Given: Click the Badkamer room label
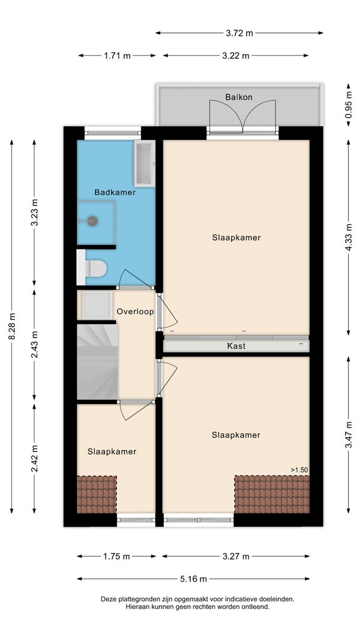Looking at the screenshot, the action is [115, 192].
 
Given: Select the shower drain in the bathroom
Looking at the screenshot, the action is [92, 221].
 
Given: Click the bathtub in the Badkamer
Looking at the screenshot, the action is [145, 164].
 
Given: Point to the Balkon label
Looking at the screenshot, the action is [239, 97].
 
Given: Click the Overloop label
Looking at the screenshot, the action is [136, 312].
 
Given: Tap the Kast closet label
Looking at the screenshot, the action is [236, 346].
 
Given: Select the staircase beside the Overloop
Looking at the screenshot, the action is [97, 361].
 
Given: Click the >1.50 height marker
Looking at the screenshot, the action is [299, 470].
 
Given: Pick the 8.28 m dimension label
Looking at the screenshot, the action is [11, 327].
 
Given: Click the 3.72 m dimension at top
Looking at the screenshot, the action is [239, 33].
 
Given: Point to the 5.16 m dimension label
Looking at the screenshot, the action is [194, 579].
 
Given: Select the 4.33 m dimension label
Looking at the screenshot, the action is [349, 237].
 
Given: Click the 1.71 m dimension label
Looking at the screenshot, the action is [117, 56].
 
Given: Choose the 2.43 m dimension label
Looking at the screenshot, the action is [34, 345].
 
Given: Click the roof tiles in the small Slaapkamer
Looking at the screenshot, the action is [97, 495].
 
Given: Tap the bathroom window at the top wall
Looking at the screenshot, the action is [113, 133].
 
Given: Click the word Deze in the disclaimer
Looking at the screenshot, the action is [108, 599].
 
